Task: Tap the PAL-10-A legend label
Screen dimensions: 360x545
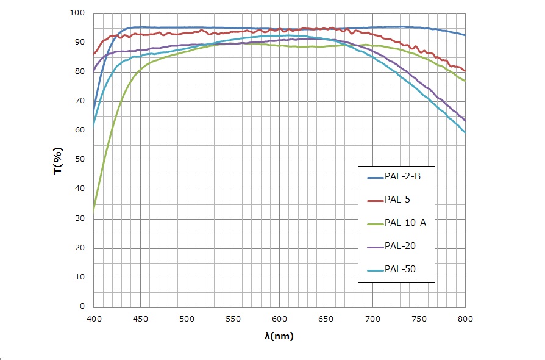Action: click(x=405, y=223)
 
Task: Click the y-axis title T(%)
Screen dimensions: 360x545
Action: click(x=58, y=160)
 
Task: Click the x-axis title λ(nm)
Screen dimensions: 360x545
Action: click(x=279, y=335)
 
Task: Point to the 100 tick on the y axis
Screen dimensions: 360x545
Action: click(x=80, y=13)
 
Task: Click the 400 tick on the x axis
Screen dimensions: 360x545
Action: click(x=94, y=318)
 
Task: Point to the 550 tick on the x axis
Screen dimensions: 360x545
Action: click(x=233, y=318)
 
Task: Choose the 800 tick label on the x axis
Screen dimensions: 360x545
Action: click(x=465, y=318)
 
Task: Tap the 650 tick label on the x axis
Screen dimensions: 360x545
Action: click(x=326, y=318)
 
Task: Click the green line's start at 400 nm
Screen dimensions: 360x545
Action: click(x=94, y=211)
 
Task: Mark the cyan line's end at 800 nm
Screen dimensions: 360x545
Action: click(x=465, y=132)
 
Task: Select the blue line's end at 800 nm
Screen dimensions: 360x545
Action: click(x=465, y=35)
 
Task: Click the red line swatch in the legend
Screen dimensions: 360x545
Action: click(x=374, y=200)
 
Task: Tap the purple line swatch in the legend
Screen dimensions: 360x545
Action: click(x=374, y=246)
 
